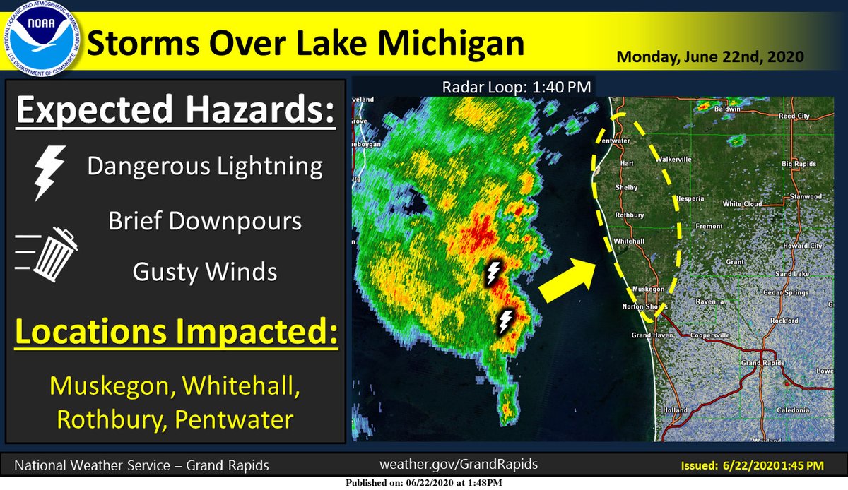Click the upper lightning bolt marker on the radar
point(493,273)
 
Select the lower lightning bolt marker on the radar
point(506,321)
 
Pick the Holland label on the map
point(676,410)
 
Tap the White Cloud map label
point(741,204)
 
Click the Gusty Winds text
point(204,271)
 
